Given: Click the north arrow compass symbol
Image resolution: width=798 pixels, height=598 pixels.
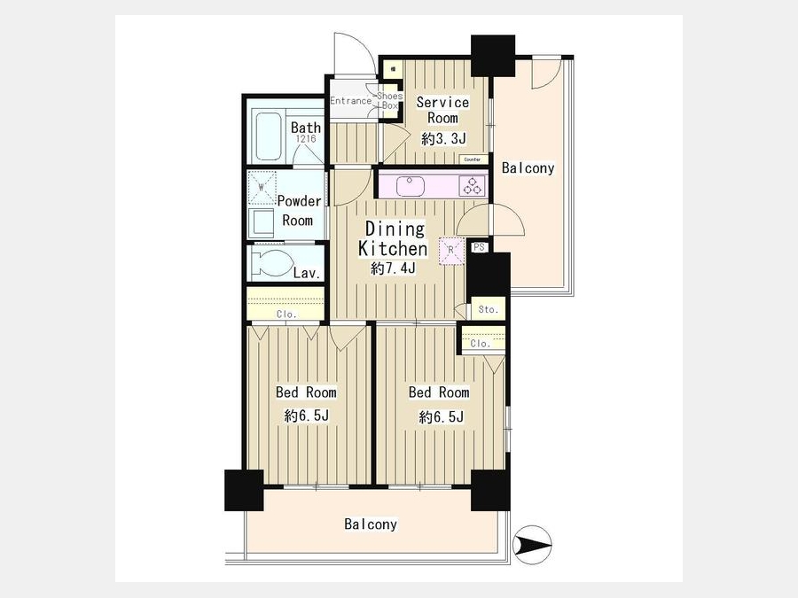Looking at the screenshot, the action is [x=533, y=545].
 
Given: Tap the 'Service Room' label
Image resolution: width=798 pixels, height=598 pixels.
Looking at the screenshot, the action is [x=442, y=110].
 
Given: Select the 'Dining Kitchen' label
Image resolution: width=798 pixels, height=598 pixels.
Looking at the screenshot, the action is [x=393, y=239].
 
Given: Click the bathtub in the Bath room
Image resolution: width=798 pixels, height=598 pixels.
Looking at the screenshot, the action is [x=268, y=136].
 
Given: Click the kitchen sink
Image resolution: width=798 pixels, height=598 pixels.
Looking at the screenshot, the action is [x=411, y=186].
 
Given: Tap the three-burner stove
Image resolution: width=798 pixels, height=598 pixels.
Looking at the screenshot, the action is [x=472, y=186].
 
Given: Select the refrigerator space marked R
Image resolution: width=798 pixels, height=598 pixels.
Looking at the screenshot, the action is [x=451, y=251].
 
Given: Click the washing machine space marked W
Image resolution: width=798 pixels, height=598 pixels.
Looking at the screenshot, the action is [x=262, y=187].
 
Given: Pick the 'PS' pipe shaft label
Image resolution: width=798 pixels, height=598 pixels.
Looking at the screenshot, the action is [x=479, y=248].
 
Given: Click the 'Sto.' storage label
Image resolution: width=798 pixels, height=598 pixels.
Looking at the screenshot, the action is [x=488, y=309].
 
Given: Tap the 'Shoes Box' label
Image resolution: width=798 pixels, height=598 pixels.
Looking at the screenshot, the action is [x=390, y=101].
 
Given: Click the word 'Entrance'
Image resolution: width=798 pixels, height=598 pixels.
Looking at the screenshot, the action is [x=350, y=101].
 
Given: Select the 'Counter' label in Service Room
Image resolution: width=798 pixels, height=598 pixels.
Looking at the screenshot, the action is [x=473, y=159].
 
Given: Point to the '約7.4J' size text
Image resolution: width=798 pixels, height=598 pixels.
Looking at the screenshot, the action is [x=393, y=268].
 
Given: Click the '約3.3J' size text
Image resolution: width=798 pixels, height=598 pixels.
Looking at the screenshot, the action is [x=444, y=138].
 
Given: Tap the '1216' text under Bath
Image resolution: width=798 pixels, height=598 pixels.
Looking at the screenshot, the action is [x=304, y=139].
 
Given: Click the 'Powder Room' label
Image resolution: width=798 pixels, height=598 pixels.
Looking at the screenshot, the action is [x=300, y=211].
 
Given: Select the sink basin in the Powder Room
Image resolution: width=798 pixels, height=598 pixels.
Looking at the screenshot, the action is [x=262, y=221].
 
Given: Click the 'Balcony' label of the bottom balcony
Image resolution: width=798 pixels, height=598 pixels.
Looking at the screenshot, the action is [x=371, y=524].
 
